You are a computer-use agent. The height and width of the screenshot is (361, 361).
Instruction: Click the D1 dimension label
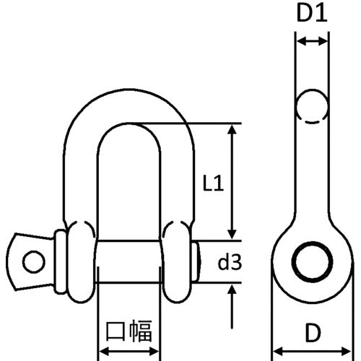point(312,14)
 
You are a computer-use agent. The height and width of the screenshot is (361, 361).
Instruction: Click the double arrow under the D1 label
point(312,43)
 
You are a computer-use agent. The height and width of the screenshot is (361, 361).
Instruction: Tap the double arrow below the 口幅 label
point(129,352)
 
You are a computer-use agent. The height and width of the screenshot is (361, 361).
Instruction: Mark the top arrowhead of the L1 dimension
point(232,130)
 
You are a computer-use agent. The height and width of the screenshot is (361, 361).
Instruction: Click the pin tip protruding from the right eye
point(198,260)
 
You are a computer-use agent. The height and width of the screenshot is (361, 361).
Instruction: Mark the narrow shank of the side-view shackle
point(312,173)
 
